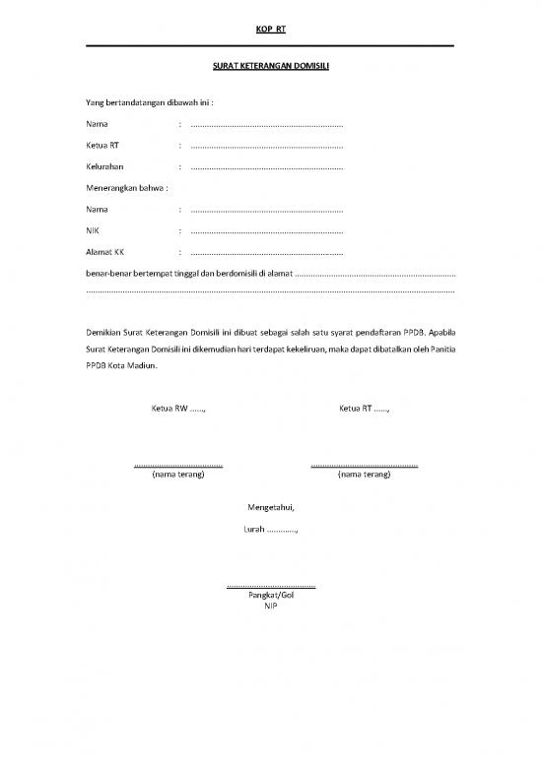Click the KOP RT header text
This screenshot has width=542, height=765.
pos(270,30)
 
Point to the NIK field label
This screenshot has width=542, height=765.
pos(94,230)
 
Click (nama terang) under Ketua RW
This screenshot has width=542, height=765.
pos(177,475)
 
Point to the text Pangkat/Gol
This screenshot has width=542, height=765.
pos(271,596)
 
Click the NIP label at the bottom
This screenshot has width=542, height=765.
pos(271,606)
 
